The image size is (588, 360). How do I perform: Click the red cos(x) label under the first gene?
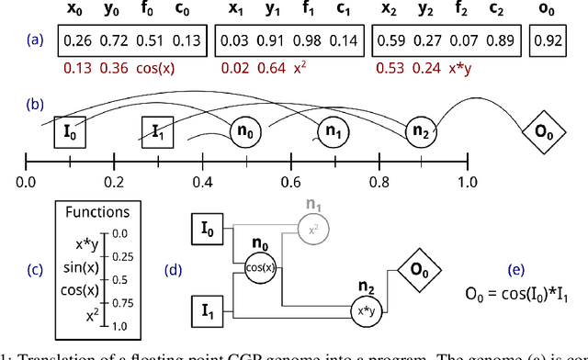[x=154, y=67]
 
